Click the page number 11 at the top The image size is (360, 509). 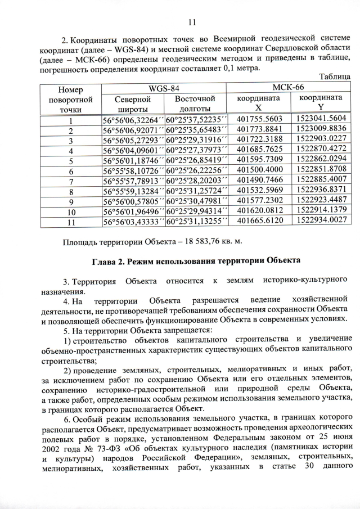click(x=191, y=22)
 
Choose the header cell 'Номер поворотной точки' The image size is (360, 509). click(x=70, y=99)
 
